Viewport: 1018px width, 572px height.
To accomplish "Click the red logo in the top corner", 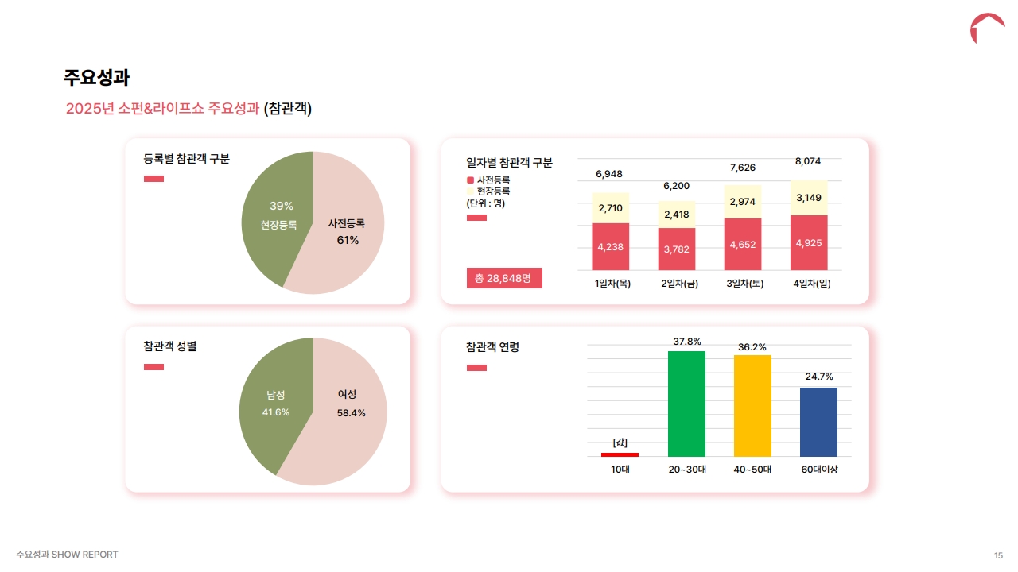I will point(987,28).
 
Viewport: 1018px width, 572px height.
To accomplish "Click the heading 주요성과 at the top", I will point(96,78).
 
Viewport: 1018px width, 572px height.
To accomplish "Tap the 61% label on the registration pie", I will point(348,240).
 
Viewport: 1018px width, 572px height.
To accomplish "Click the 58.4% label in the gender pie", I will point(351,413).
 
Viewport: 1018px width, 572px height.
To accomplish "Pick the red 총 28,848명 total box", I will point(503,278).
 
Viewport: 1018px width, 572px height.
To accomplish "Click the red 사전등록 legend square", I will point(470,180).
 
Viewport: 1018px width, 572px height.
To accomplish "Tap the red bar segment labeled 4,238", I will point(610,246).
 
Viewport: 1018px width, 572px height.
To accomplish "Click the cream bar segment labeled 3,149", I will point(809,198).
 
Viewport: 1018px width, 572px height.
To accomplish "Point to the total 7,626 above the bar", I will point(743,168).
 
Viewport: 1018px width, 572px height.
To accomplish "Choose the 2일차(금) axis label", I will point(679,284).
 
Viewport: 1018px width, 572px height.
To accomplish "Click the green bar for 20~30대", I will point(686,404).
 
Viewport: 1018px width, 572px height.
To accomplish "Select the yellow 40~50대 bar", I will point(752,405).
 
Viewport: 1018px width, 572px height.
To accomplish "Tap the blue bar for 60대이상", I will point(818,422).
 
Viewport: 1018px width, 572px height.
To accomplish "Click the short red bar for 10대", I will point(620,454).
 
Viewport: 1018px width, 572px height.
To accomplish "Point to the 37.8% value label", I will point(687,342).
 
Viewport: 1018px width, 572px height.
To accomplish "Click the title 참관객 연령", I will point(492,347).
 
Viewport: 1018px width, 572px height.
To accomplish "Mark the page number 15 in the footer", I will point(998,555).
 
